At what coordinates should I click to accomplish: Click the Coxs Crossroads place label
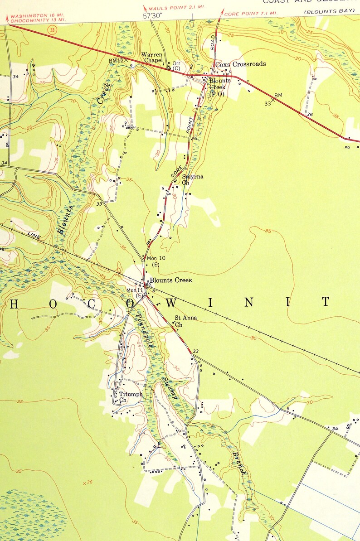(x=240, y=64)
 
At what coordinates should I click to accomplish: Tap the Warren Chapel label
(x=152, y=57)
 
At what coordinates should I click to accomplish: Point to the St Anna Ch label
(x=185, y=321)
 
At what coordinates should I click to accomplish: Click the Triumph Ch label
(x=130, y=397)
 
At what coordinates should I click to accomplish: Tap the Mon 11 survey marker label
(x=135, y=293)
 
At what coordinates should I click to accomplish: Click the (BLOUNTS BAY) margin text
(x=329, y=11)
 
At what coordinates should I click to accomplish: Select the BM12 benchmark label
(x=116, y=61)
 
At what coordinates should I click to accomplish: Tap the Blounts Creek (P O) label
(x=219, y=87)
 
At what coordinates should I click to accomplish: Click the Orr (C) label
(x=177, y=66)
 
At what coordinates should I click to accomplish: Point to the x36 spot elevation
(x=88, y=483)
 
